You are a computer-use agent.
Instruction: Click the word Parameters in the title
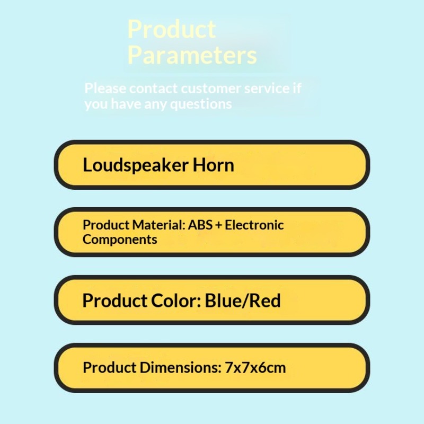point(192,55)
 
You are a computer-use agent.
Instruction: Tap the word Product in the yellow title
point(171,29)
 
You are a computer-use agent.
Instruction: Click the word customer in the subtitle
point(211,89)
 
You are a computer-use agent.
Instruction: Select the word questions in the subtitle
point(201,104)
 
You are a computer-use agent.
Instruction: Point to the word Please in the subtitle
point(105,88)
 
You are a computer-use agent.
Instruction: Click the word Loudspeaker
point(136,165)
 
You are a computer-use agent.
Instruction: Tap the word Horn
point(214,165)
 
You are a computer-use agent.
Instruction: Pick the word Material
point(158,225)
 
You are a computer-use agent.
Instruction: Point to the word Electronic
point(254,225)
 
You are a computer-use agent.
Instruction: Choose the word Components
point(120,240)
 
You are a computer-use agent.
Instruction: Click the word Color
point(176,301)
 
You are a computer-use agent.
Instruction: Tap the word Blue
point(224,301)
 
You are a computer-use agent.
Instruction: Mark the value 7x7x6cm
point(255,368)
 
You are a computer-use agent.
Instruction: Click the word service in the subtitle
point(267,89)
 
